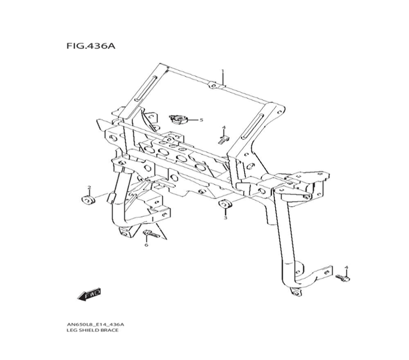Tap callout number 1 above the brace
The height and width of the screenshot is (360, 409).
pyautogui.click(x=223, y=71)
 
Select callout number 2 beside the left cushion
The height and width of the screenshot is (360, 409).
pyautogui.click(x=89, y=187)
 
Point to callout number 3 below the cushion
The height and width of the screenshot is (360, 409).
pyautogui.click(x=225, y=218)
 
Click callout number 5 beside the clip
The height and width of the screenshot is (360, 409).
pyautogui.click(x=201, y=120)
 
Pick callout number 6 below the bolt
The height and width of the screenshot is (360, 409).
pyautogui.click(x=146, y=245)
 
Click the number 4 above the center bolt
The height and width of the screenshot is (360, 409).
pyautogui.click(x=224, y=128)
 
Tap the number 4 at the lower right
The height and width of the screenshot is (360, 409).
pyautogui.click(x=346, y=268)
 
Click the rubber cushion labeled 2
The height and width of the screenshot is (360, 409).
pyautogui.click(x=88, y=200)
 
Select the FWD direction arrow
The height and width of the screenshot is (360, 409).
pyautogui.click(x=89, y=294)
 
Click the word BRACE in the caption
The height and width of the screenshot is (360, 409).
pyautogui.click(x=110, y=330)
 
